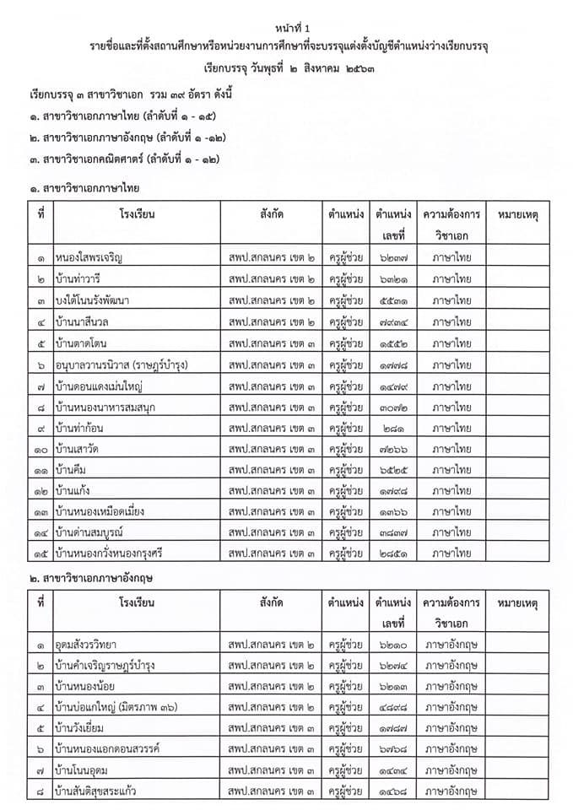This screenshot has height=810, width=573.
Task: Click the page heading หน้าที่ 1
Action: point(286,29)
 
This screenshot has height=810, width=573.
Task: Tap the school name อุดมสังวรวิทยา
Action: point(92,644)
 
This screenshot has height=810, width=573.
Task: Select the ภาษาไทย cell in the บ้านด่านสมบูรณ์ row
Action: point(451,532)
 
